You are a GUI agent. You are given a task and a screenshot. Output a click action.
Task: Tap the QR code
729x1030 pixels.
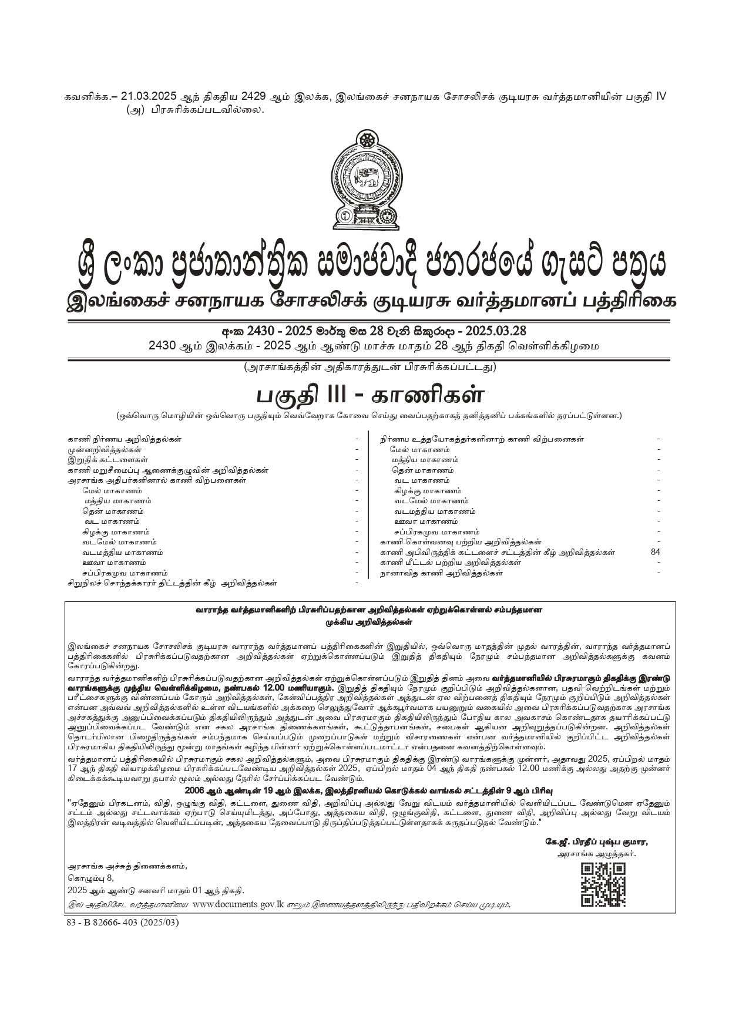coord(603,885)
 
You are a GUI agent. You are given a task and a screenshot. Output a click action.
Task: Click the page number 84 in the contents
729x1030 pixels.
coord(656,552)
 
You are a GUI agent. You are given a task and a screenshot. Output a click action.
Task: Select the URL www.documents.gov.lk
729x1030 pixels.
coord(238,904)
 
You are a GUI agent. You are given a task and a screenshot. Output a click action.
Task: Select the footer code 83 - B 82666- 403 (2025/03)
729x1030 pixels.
coord(122,922)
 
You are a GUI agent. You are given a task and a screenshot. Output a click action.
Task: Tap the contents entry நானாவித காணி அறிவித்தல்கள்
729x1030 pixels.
coord(441,573)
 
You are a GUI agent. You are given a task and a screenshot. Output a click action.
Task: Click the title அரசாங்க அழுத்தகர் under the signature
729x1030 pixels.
coord(596,854)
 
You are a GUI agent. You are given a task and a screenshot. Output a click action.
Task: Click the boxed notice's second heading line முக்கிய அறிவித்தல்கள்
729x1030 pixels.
coord(369,621)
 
